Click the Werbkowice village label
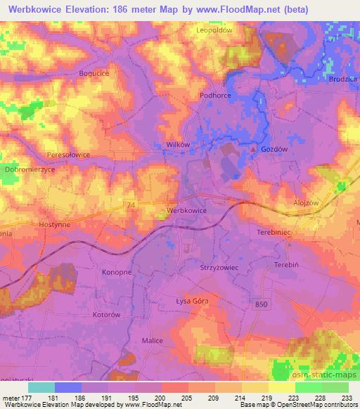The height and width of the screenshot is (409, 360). pyautogui.click(x=186, y=210)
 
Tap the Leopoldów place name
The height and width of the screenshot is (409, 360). pyautogui.click(x=214, y=31)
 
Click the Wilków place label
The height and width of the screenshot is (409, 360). pyautogui.click(x=178, y=144)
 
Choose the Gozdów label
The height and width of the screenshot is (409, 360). pyautogui.click(x=274, y=150)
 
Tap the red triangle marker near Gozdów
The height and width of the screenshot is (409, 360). pyautogui.click(x=254, y=149)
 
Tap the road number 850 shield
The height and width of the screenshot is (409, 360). pyautogui.click(x=262, y=303)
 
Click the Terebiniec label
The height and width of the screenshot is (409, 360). pyautogui.click(x=274, y=231)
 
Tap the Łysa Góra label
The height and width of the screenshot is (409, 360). pyautogui.click(x=192, y=301)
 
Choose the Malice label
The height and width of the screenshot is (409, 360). pyautogui.click(x=152, y=340)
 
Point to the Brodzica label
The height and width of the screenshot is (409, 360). pyautogui.click(x=343, y=79)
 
